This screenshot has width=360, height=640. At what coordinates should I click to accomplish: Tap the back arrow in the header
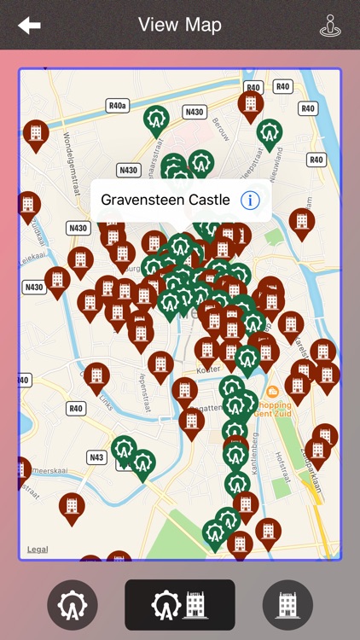pyautogui.click(x=29, y=26)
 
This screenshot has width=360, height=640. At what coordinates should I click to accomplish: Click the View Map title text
pyautogui.click(x=180, y=25)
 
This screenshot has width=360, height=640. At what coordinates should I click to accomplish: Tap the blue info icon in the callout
pyautogui.click(x=250, y=201)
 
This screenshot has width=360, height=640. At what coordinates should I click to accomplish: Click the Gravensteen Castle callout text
pyautogui.click(x=165, y=201)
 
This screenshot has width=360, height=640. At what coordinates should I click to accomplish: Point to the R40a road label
pyautogui.click(x=118, y=106)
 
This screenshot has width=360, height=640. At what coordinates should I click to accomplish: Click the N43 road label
pyautogui.click(x=96, y=457)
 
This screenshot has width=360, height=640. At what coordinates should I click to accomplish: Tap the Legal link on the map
pyautogui.click(x=38, y=550)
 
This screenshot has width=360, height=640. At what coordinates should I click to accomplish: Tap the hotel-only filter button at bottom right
pyautogui.click(x=287, y=605)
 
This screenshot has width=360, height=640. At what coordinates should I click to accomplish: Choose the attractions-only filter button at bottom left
pyautogui.click(x=73, y=605)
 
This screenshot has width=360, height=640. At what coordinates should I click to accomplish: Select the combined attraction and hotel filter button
pyautogui.click(x=180, y=605)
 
